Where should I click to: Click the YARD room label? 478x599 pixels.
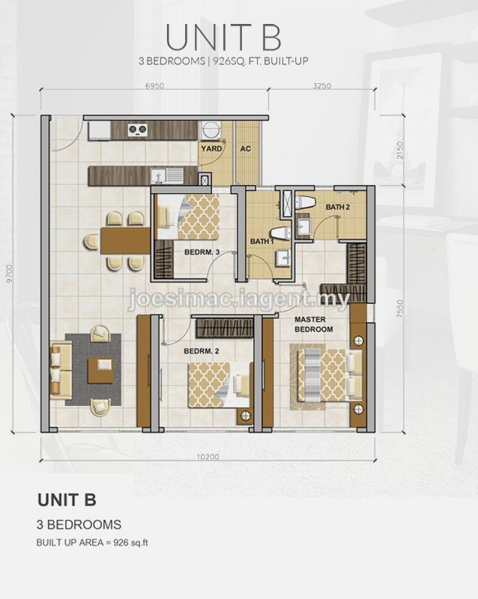tap(212, 148)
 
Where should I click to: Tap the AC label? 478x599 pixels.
tap(246, 148)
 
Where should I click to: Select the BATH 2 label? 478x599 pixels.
tap(338, 207)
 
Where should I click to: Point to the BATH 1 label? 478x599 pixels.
tap(262, 241)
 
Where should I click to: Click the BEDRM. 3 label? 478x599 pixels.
tap(202, 252)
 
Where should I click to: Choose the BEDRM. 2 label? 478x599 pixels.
tap(202, 351)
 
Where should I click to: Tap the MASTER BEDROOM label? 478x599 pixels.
tap(314, 324)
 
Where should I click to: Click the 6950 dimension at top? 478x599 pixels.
tap(154, 85)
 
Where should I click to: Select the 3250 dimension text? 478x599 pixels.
tap(321, 85)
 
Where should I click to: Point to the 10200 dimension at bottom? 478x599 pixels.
tap(208, 457)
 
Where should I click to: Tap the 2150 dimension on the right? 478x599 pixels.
tap(400, 151)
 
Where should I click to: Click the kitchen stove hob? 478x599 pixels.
tap(137, 130)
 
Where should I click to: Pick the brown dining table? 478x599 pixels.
tap(125, 241)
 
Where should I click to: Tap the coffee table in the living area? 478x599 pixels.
tap(100, 371)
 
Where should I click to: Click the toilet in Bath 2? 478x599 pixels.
tap(305, 203)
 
